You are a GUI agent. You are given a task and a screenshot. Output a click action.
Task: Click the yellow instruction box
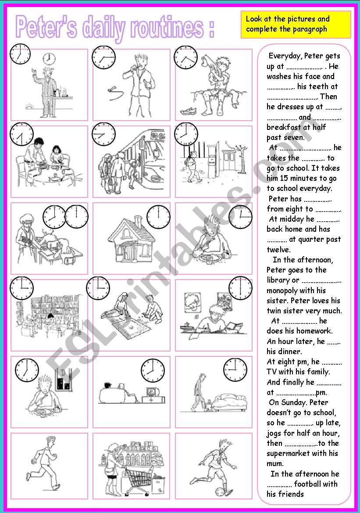click(296, 25)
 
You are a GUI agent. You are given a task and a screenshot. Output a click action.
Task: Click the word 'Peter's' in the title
click(46, 28)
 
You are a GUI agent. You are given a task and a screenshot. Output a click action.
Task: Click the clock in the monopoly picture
click(98, 288)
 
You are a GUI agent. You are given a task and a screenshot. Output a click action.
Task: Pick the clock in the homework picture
click(240, 288)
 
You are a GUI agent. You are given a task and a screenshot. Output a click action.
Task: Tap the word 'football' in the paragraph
click(310, 484)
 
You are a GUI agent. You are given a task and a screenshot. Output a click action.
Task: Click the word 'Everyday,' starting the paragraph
click(285, 56)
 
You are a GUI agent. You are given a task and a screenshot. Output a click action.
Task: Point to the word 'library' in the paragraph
click(278, 280)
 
